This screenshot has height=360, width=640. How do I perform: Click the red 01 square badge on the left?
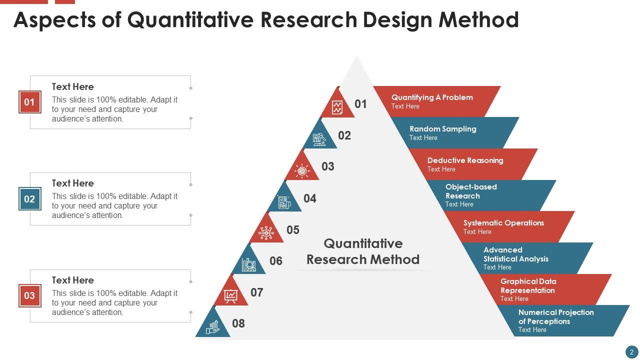[29, 102]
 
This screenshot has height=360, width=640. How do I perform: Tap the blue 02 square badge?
[29, 199]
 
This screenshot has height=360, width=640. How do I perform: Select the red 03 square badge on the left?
[29, 295]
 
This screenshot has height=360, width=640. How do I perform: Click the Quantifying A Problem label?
[432, 97]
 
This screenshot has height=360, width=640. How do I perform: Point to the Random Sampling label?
[443, 129]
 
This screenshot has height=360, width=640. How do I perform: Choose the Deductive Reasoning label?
[465, 160]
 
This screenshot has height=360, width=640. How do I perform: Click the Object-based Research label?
[471, 191]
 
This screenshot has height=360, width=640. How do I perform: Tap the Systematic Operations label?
[503, 223]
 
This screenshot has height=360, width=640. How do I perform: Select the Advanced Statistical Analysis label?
[515, 254]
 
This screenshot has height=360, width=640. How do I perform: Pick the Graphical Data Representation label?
[528, 285]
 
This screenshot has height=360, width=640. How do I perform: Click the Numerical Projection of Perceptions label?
[556, 317]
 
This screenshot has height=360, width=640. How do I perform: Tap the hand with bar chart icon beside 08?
[212, 327]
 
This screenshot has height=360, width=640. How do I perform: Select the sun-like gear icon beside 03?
[302, 171]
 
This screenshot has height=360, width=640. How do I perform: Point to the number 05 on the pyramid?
[293, 230]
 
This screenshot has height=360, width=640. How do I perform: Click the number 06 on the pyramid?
[275, 261]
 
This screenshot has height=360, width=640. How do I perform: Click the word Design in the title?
[397, 20]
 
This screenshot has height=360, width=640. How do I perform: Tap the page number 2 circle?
[631, 352]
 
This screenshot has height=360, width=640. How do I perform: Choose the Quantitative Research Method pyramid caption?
[363, 251]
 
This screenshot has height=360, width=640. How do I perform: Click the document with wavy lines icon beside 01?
[337, 107]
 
